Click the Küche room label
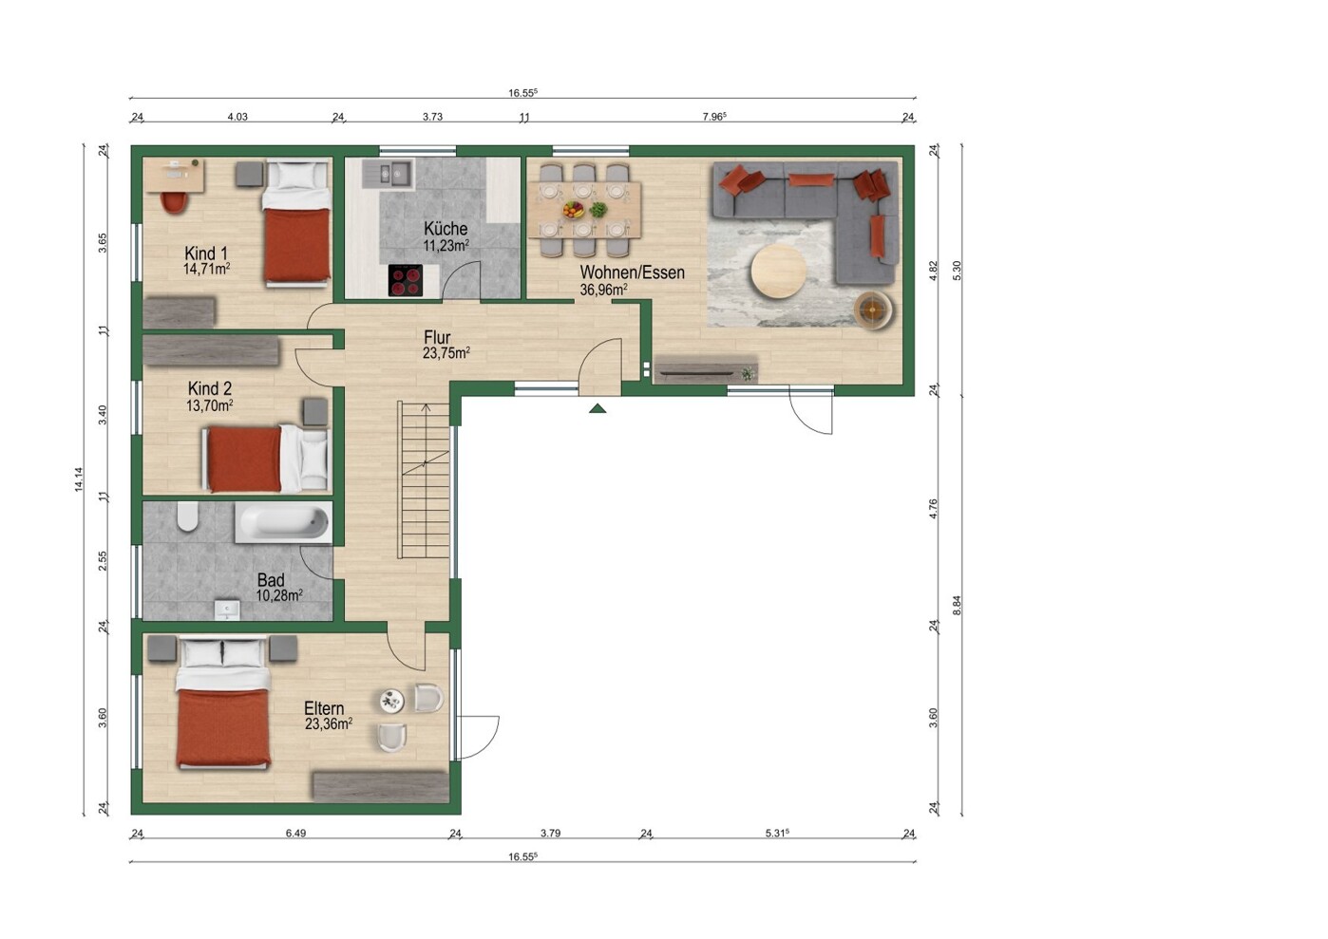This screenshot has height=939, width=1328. pos(446,229)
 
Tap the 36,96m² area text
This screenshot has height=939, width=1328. pos(603,290)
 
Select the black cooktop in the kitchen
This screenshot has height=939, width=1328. pos(406,280)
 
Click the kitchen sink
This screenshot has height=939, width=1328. pos(395,174)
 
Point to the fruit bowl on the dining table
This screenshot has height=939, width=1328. pos(574,209)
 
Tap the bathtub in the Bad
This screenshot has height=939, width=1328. pos(283,523)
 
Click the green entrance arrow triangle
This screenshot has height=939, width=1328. pos(598,408)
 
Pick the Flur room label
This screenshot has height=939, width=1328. pos(437,338)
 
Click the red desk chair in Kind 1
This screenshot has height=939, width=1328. pos(174,202)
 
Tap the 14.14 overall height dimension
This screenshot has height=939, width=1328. pos(78,479)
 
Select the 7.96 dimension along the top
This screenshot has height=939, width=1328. pos(713,117)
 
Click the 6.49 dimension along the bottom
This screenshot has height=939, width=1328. pos(295,834)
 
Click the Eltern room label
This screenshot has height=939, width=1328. pos(324,708)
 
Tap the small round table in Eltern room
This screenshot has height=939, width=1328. pos(392,702)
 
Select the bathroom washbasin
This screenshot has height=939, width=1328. pos(227,610)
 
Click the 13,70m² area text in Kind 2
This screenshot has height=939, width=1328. pos(209,405)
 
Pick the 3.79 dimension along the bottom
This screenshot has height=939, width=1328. pos(550,834)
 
